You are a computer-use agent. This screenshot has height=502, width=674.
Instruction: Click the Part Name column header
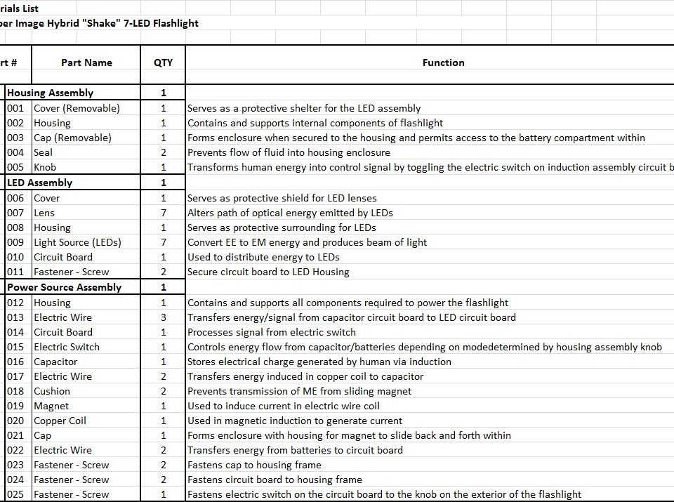pos(86,62)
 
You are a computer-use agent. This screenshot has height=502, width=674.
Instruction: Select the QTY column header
pos(163,62)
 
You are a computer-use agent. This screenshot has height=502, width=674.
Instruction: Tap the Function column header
pos(443,62)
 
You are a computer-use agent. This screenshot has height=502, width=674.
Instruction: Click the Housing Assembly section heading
pos(50,93)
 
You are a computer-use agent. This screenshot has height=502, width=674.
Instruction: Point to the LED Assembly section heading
pos(39,183)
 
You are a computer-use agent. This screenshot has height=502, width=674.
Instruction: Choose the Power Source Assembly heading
pos(64,287)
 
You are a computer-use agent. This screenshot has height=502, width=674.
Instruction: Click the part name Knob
pos(45,167)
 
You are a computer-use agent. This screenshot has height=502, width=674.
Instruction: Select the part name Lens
pos(44,213)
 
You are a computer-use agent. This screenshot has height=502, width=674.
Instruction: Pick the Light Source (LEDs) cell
pos(77,242)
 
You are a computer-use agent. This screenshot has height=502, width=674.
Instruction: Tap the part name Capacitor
pos(55,362)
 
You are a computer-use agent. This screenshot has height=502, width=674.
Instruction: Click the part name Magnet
pos(51,406)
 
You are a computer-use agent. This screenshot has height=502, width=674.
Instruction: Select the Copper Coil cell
pos(60,421)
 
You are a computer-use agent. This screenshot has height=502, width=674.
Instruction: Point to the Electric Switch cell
pos(67,347)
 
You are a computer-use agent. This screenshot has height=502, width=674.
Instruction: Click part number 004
pos(15,152)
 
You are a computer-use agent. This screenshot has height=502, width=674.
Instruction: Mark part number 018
pos(15,391)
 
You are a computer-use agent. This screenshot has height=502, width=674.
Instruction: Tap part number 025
pos(15,494)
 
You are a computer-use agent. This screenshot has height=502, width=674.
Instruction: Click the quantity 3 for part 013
pos(164,317)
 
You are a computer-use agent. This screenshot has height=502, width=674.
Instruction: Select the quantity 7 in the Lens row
pos(164,213)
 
